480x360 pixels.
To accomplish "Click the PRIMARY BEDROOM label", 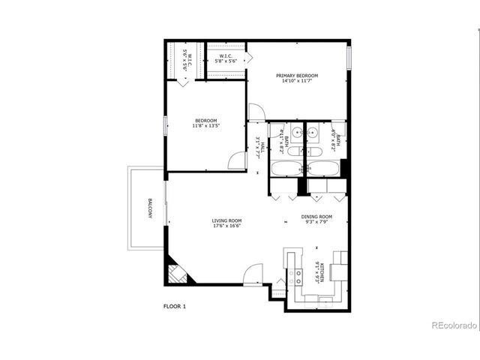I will [x=296, y=78].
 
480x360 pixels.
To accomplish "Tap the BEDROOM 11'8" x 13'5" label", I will [x=206, y=123].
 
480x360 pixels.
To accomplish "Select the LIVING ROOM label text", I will [x=226, y=223].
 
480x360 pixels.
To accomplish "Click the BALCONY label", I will [x=150, y=208].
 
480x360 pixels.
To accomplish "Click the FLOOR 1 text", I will [x=174, y=306].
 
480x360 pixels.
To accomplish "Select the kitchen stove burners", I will [x=297, y=274].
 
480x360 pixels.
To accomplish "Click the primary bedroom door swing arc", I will [x=257, y=112].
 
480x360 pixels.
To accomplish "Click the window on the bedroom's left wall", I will [x=166, y=125].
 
